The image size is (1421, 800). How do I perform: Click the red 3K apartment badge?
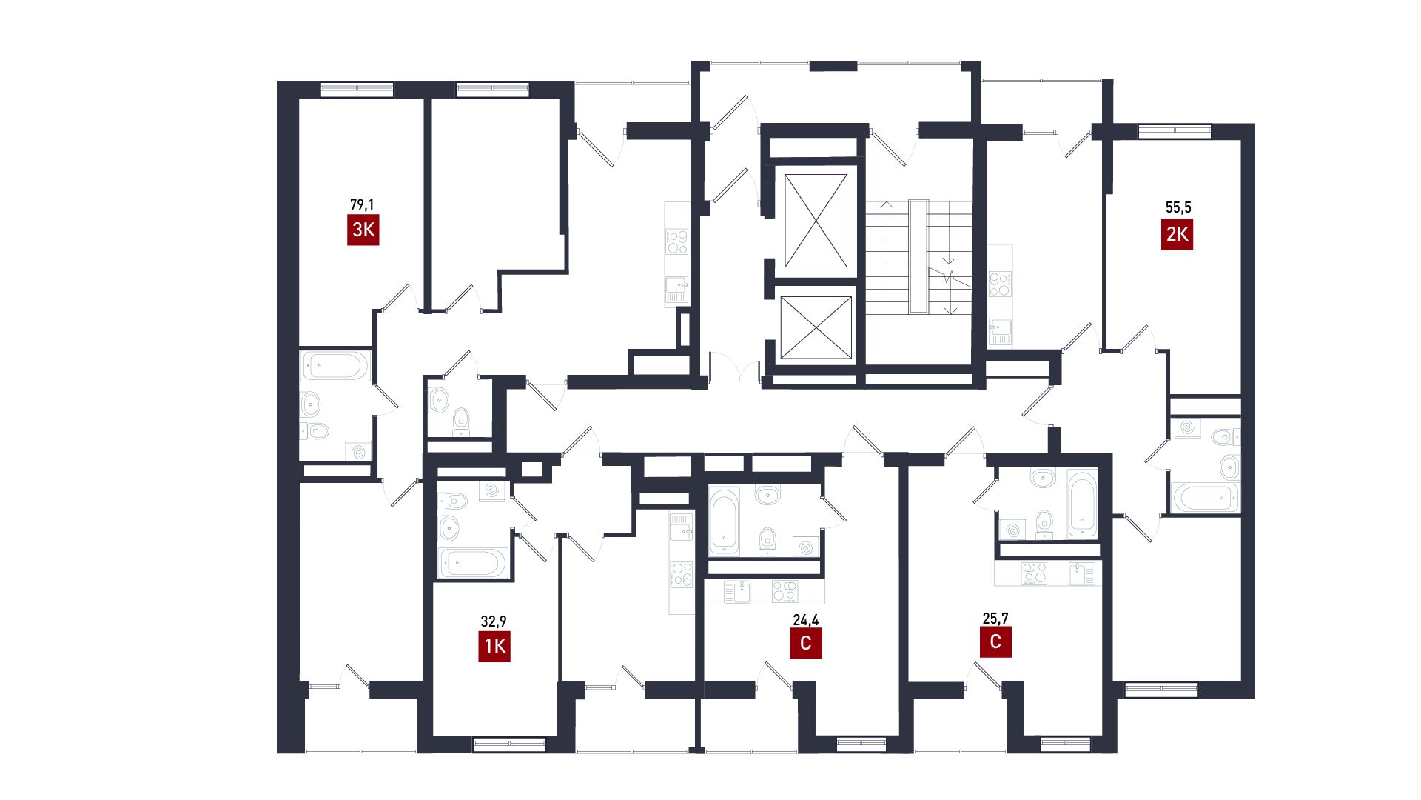(x=363, y=230)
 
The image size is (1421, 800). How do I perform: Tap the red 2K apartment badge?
(x=1177, y=234)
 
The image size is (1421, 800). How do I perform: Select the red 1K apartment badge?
(x=494, y=646)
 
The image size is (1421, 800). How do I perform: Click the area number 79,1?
(x=362, y=204)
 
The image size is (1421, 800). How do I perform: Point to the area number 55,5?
(x=1178, y=207)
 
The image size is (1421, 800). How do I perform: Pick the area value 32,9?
(x=494, y=621)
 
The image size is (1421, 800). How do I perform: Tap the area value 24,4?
(x=805, y=619)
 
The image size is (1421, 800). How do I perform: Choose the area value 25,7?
(x=995, y=618)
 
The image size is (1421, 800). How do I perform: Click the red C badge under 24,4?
(x=805, y=643)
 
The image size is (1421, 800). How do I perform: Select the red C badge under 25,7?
(x=995, y=641)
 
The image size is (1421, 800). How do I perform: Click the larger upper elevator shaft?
(x=816, y=221)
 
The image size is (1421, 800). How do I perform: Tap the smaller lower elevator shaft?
(x=816, y=327)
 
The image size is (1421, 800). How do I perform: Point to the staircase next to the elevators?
(x=918, y=256)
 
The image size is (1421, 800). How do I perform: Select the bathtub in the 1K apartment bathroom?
(x=473, y=562)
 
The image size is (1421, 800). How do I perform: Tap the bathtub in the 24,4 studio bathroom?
(x=724, y=521)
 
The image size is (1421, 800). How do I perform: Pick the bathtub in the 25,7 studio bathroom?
(x=1082, y=504)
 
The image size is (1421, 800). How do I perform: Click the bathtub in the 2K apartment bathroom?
(x=1205, y=497)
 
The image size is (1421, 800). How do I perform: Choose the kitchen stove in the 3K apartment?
(x=677, y=241)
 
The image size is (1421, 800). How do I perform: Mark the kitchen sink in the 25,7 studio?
(x=1082, y=573)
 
